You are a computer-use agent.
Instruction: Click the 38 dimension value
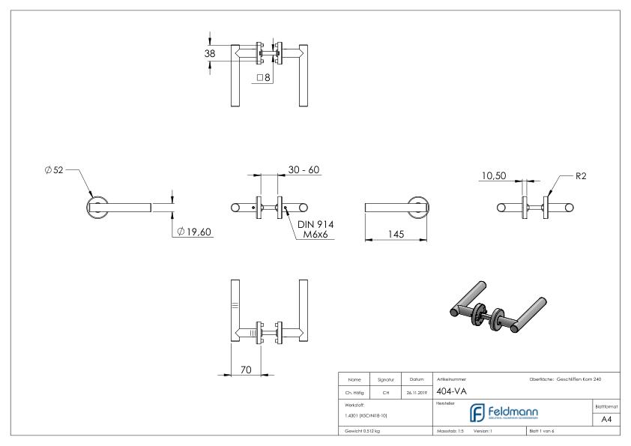click(x=211, y=53)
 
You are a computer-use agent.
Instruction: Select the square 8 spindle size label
click(x=263, y=77)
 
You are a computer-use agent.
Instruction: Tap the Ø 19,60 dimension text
click(x=194, y=232)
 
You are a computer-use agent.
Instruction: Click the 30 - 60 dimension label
click(x=304, y=170)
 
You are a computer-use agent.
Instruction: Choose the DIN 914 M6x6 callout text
click(x=315, y=230)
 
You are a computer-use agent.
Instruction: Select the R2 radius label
click(x=581, y=177)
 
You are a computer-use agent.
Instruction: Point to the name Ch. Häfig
click(x=355, y=391)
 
